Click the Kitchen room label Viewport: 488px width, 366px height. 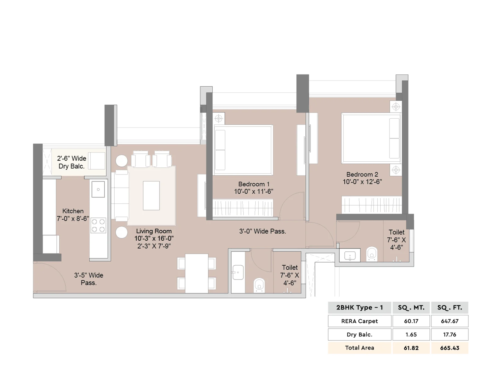(x=73, y=211)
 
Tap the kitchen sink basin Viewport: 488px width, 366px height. (x=98, y=189)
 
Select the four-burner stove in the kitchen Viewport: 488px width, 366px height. (x=98, y=226)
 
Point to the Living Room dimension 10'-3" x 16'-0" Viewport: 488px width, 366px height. (x=154, y=239)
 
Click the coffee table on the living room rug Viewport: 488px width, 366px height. (x=151, y=196)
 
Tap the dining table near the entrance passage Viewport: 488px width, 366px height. (x=196, y=273)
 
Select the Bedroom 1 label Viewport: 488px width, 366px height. (x=254, y=184)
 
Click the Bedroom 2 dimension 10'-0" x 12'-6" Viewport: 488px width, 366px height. (x=362, y=182)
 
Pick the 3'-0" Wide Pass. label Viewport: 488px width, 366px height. (x=263, y=231)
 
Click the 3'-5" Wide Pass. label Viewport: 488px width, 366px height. (x=88, y=279)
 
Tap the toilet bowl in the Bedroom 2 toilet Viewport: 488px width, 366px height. (x=372, y=253)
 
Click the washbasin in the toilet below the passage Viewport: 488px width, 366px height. (x=238, y=272)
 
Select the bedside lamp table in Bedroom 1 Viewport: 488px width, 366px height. (x=219, y=118)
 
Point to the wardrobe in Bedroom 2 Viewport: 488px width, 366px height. (x=371, y=205)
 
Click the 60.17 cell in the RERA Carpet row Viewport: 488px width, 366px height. (x=411, y=321)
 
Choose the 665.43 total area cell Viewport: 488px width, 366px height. (x=450, y=348)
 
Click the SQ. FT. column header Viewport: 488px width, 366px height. (x=450, y=307)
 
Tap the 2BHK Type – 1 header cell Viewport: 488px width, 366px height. (x=360, y=307)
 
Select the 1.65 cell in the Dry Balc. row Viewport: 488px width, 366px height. (x=411, y=335)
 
